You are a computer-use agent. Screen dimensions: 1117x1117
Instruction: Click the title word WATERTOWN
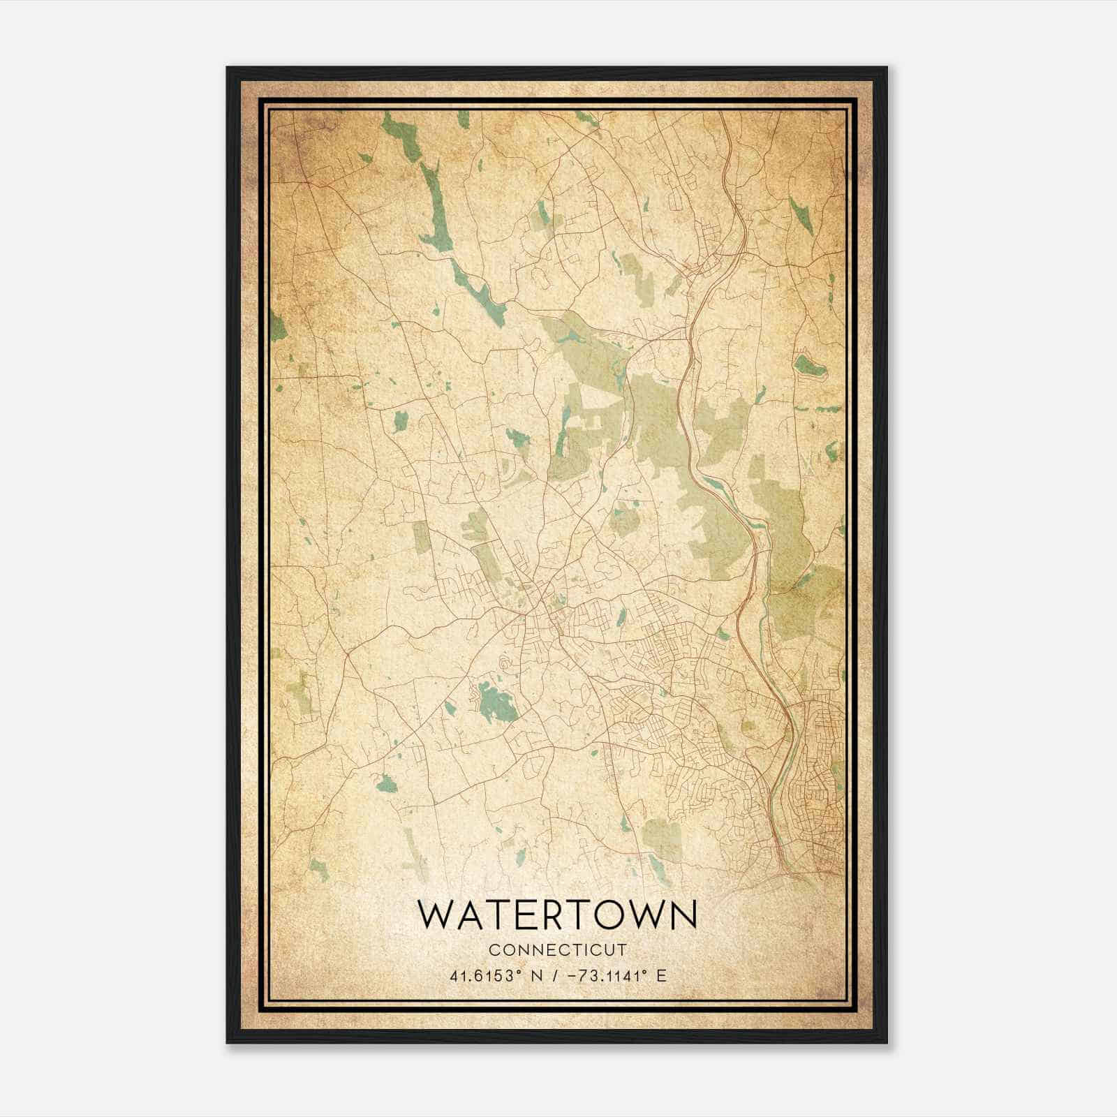[x=557, y=915]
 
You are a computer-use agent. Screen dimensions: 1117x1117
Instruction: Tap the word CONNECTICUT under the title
[x=557, y=950]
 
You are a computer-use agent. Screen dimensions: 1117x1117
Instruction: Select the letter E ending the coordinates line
[x=662, y=975]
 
